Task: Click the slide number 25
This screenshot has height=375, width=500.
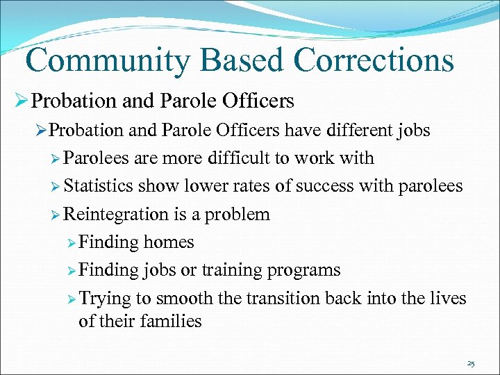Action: pyautogui.click(x=471, y=363)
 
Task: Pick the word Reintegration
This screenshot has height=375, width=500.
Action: pyautogui.click(x=116, y=214)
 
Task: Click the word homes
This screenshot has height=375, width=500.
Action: pyautogui.click(x=169, y=242)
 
